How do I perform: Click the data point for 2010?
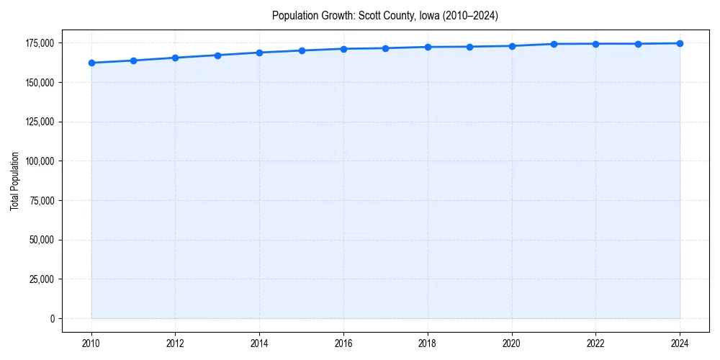coord(91,63)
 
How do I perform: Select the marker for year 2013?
coord(217,55)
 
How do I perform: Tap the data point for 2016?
coord(343,49)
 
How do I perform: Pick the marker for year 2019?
coord(469,47)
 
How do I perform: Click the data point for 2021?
coord(554,44)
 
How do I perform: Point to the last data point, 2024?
coord(680,43)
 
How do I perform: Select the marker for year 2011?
coord(133,60)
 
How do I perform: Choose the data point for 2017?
coord(385,48)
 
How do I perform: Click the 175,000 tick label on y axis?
coord(40,43)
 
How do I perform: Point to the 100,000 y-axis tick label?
coord(40,161)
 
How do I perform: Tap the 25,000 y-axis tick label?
coord(42,279)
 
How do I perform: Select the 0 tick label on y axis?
coord(52,318)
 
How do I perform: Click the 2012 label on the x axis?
coord(175,343)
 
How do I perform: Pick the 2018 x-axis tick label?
coord(428,343)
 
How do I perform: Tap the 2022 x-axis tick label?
coord(595,343)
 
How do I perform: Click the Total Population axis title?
coord(14,181)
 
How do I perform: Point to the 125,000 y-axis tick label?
coord(40,122)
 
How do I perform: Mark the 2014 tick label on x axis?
coord(259,343)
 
